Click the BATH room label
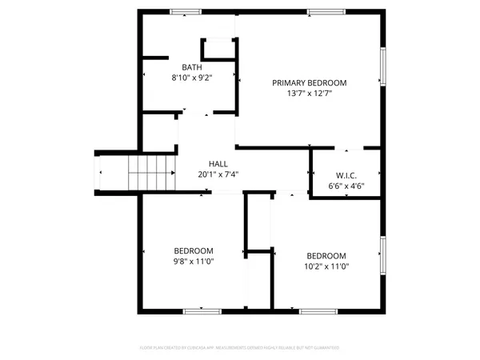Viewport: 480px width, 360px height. [x=192, y=67]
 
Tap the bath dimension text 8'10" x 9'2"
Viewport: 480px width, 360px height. [x=192, y=78]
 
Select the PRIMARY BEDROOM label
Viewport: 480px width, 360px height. [x=309, y=82]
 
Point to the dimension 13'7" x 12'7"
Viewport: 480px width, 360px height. [x=309, y=94]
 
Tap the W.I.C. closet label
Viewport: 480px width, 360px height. [x=346, y=174]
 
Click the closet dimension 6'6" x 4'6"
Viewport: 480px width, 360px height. [x=346, y=185]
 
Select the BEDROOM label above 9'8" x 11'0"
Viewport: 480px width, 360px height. [x=193, y=250]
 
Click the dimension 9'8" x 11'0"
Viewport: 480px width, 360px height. [x=193, y=261]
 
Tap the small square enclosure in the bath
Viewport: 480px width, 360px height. [x=218, y=50]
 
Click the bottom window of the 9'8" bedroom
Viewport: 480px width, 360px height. [x=202, y=310]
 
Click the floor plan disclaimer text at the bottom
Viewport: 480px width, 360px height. [x=240, y=348]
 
